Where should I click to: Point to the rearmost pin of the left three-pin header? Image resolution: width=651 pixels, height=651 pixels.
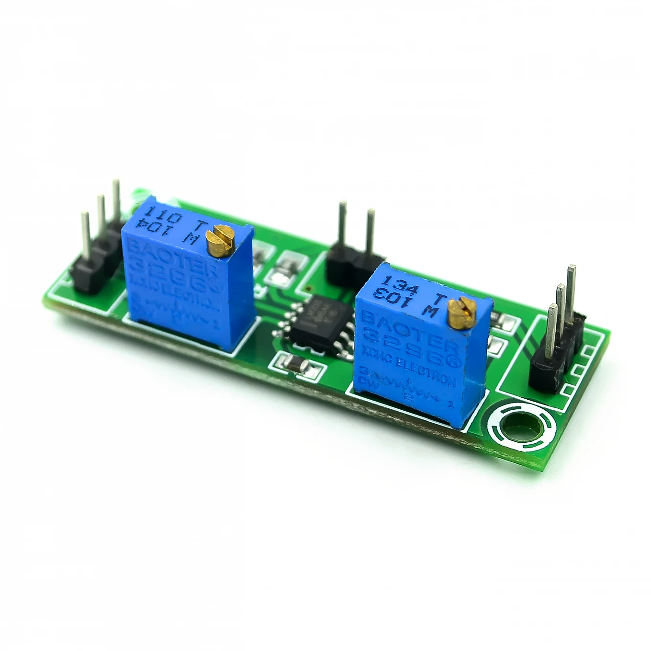coord(116,201)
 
